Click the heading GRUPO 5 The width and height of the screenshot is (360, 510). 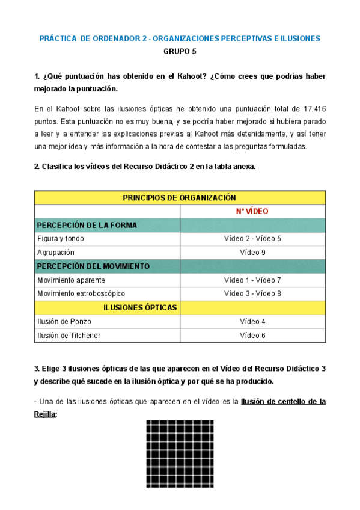[x=180, y=51]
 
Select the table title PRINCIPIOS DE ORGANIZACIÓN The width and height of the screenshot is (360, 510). [x=179, y=197]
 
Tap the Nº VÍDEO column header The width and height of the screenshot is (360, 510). [x=252, y=211]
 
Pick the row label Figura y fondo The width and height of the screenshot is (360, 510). [x=61, y=239]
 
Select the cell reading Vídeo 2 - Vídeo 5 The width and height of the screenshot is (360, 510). [x=252, y=239]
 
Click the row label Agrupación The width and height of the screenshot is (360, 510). [x=56, y=252]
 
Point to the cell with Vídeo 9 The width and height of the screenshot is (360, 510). [x=252, y=252]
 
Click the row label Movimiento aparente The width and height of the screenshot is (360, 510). [x=71, y=280]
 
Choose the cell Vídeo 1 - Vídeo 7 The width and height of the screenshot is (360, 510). [x=252, y=280]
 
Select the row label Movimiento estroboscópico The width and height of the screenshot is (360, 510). [x=81, y=293]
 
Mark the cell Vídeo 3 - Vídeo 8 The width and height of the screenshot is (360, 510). [x=252, y=293]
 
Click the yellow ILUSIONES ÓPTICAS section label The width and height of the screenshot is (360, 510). [x=140, y=307]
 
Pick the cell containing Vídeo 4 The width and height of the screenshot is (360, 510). [x=252, y=321]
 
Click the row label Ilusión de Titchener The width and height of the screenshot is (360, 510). [x=69, y=335]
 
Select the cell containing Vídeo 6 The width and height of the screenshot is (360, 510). [x=252, y=335]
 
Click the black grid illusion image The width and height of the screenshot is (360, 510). [x=180, y=453]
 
